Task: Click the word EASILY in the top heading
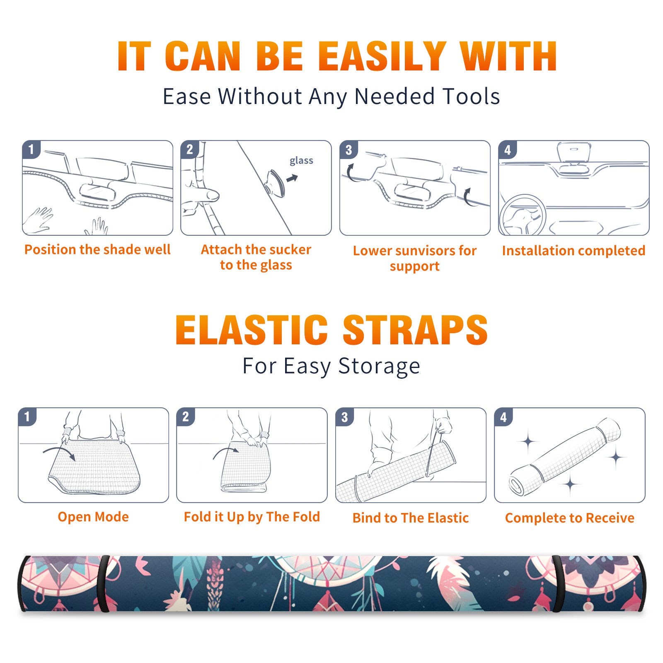(x=382, y=56)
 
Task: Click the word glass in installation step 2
(x=301, y=161)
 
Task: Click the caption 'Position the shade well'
(x=97, y=249)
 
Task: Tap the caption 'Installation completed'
(x=573, y=250)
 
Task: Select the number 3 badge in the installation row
(x=348, y=150)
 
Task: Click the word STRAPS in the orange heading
(x=415, y=330)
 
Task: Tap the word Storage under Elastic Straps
(x=379, y=366)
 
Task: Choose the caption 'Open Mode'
(x=93, y=517)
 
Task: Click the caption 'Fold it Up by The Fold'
(x=252, y=517)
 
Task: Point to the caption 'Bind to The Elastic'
(x=411, y=518)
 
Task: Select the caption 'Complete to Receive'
(x=570, y=518)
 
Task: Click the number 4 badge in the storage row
(x=503, y=417)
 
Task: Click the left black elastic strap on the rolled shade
(x=104, y=583)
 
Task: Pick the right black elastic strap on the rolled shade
(x=557, y=583)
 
